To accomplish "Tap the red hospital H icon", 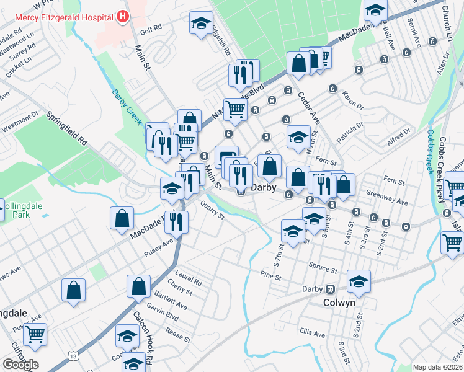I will (123, 16).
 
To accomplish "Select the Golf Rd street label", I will (151, 29).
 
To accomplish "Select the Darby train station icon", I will (331, 289).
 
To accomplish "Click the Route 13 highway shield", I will (74, 356).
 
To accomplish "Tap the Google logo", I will (20, 364).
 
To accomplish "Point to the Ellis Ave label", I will (311, 334).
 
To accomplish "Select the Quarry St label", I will (212, 213).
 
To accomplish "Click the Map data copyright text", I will (438, 367).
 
